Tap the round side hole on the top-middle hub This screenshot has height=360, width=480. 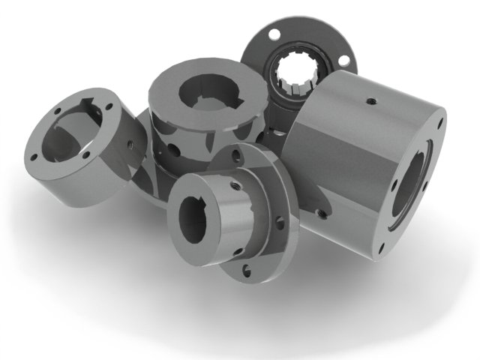pyautogui.click(x=174, y=151)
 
